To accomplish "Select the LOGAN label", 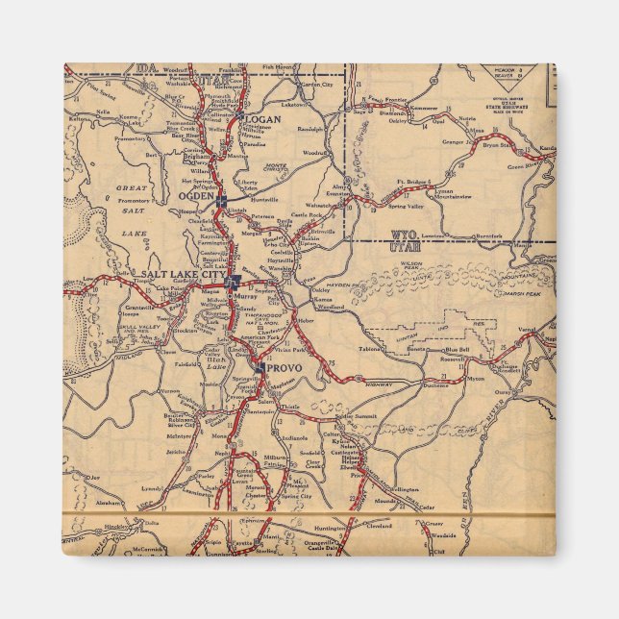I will pyautogui.click(x=262, y=120).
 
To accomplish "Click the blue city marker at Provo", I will pyautogui.click(x=260, y=365).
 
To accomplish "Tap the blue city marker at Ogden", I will pyautogui.click(x=221, y=200).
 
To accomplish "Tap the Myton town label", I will pyautogui.click(x=475, y=379).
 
